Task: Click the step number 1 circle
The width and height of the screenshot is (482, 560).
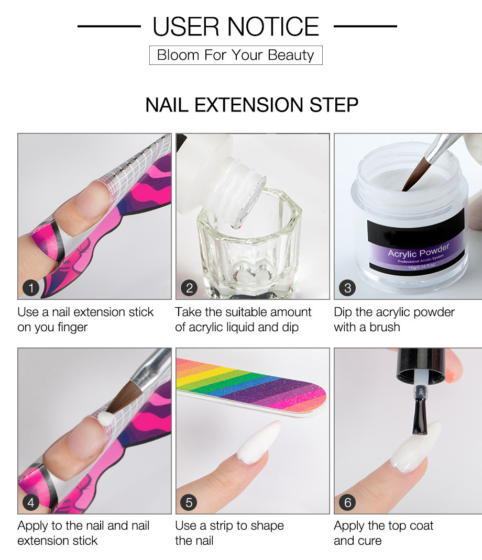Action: pos(31,288)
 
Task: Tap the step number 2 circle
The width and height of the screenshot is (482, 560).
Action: pos(189,288)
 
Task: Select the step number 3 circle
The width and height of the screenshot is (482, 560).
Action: pos(347,288)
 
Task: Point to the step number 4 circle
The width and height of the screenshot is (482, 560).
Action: pos(31,502)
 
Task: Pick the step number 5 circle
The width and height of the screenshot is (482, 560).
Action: pos(189,502)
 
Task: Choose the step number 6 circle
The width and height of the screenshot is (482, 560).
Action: pos(347,502)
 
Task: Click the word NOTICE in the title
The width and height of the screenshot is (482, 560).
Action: pos(273,26)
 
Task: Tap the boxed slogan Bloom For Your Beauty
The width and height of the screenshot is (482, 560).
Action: pos(236,55)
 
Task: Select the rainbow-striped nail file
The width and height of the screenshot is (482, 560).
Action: pos(251,387)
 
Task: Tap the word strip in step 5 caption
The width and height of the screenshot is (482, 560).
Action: pos(222,526)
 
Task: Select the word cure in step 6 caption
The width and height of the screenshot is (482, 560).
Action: pos(370,541)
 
